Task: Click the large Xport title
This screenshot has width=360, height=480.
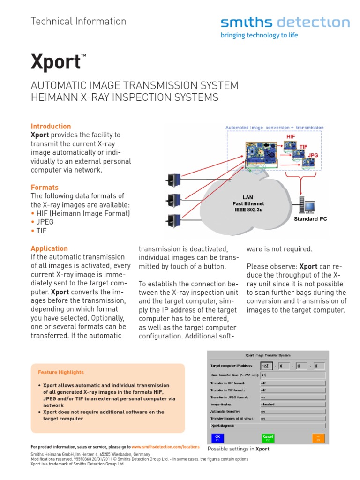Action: click(56, 62)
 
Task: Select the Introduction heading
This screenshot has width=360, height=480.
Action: click(51, 126)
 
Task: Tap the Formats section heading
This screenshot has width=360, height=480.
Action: click(45, 187)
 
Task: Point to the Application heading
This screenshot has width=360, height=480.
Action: click(49, 248)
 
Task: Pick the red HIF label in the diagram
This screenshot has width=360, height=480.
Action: click(291, 136)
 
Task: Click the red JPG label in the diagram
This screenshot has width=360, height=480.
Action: click(313, 154)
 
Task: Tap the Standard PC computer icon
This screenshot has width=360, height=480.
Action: click(309, 205)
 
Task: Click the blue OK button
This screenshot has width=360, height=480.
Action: click(217, 438)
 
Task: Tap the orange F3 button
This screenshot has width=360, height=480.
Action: click(318, 438)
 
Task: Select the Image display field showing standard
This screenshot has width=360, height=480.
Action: click(292, 404)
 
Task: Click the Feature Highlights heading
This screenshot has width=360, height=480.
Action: click(61, 372)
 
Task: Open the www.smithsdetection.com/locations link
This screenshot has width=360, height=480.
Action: click(165, 447)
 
